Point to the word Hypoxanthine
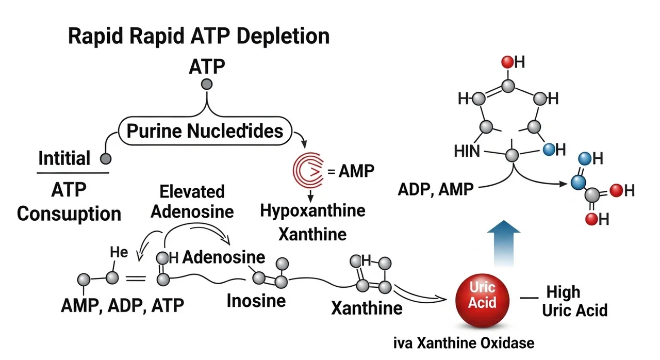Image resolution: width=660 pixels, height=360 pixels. coord(312,210)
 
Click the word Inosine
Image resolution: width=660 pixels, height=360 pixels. coord(256,300)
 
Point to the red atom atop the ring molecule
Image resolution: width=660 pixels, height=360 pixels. coord(507,62)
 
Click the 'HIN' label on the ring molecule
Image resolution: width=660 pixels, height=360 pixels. coord(468,151)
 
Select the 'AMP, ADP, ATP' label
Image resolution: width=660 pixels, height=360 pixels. coord(122,305)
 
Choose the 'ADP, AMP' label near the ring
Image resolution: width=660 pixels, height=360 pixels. coord(436,189)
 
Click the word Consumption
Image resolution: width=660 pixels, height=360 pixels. coord(69,213)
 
